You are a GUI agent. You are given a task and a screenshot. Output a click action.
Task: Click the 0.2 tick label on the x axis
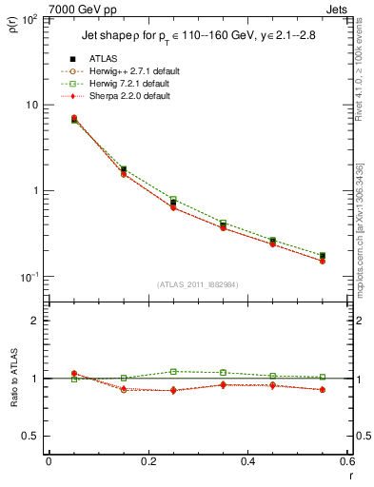click(x=148, y=461)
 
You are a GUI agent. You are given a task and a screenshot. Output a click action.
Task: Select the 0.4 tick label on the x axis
click(x=247, y=461)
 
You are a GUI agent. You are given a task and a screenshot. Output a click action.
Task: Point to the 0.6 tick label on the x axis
click(x=346, y=461)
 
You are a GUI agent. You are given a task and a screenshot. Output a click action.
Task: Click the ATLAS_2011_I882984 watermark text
click(x=197, y=285)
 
